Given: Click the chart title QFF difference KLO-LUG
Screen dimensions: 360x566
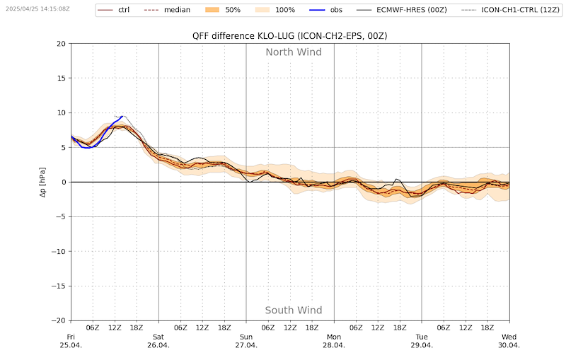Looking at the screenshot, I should click(x=289, y=35).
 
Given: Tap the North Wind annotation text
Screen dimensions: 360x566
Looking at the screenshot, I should click(x=294, y=52).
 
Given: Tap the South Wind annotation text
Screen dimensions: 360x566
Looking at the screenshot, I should click(x=294, y=310).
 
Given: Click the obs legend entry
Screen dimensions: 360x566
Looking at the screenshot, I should click(x=347, y=10).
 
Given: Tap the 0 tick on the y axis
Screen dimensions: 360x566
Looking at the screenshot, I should click(x=63, y=182).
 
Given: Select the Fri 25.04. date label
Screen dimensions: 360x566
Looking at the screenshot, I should click(x=71, y=341).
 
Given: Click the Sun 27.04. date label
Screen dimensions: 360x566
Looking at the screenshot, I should click(x=246, y=341).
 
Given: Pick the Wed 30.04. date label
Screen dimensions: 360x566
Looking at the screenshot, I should click(x=509, y=341).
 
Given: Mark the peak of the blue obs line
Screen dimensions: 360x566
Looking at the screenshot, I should click(x=122, y=116).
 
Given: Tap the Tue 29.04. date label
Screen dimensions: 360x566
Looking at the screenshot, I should click(x=422, y=341).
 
